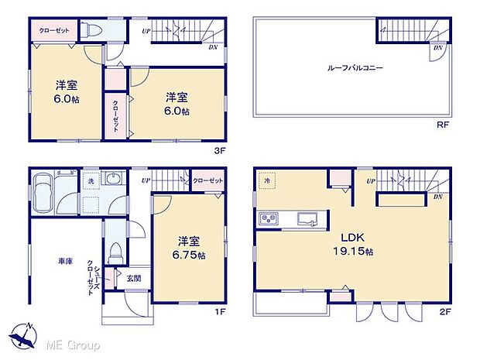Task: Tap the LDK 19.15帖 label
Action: click(354, 245)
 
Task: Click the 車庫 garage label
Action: click(65, 262)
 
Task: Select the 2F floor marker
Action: click(444, 311)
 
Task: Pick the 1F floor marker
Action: click(221, 311)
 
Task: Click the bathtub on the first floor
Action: click(42, 190)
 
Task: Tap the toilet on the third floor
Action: click(94, 30)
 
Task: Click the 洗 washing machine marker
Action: click(91, 180)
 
